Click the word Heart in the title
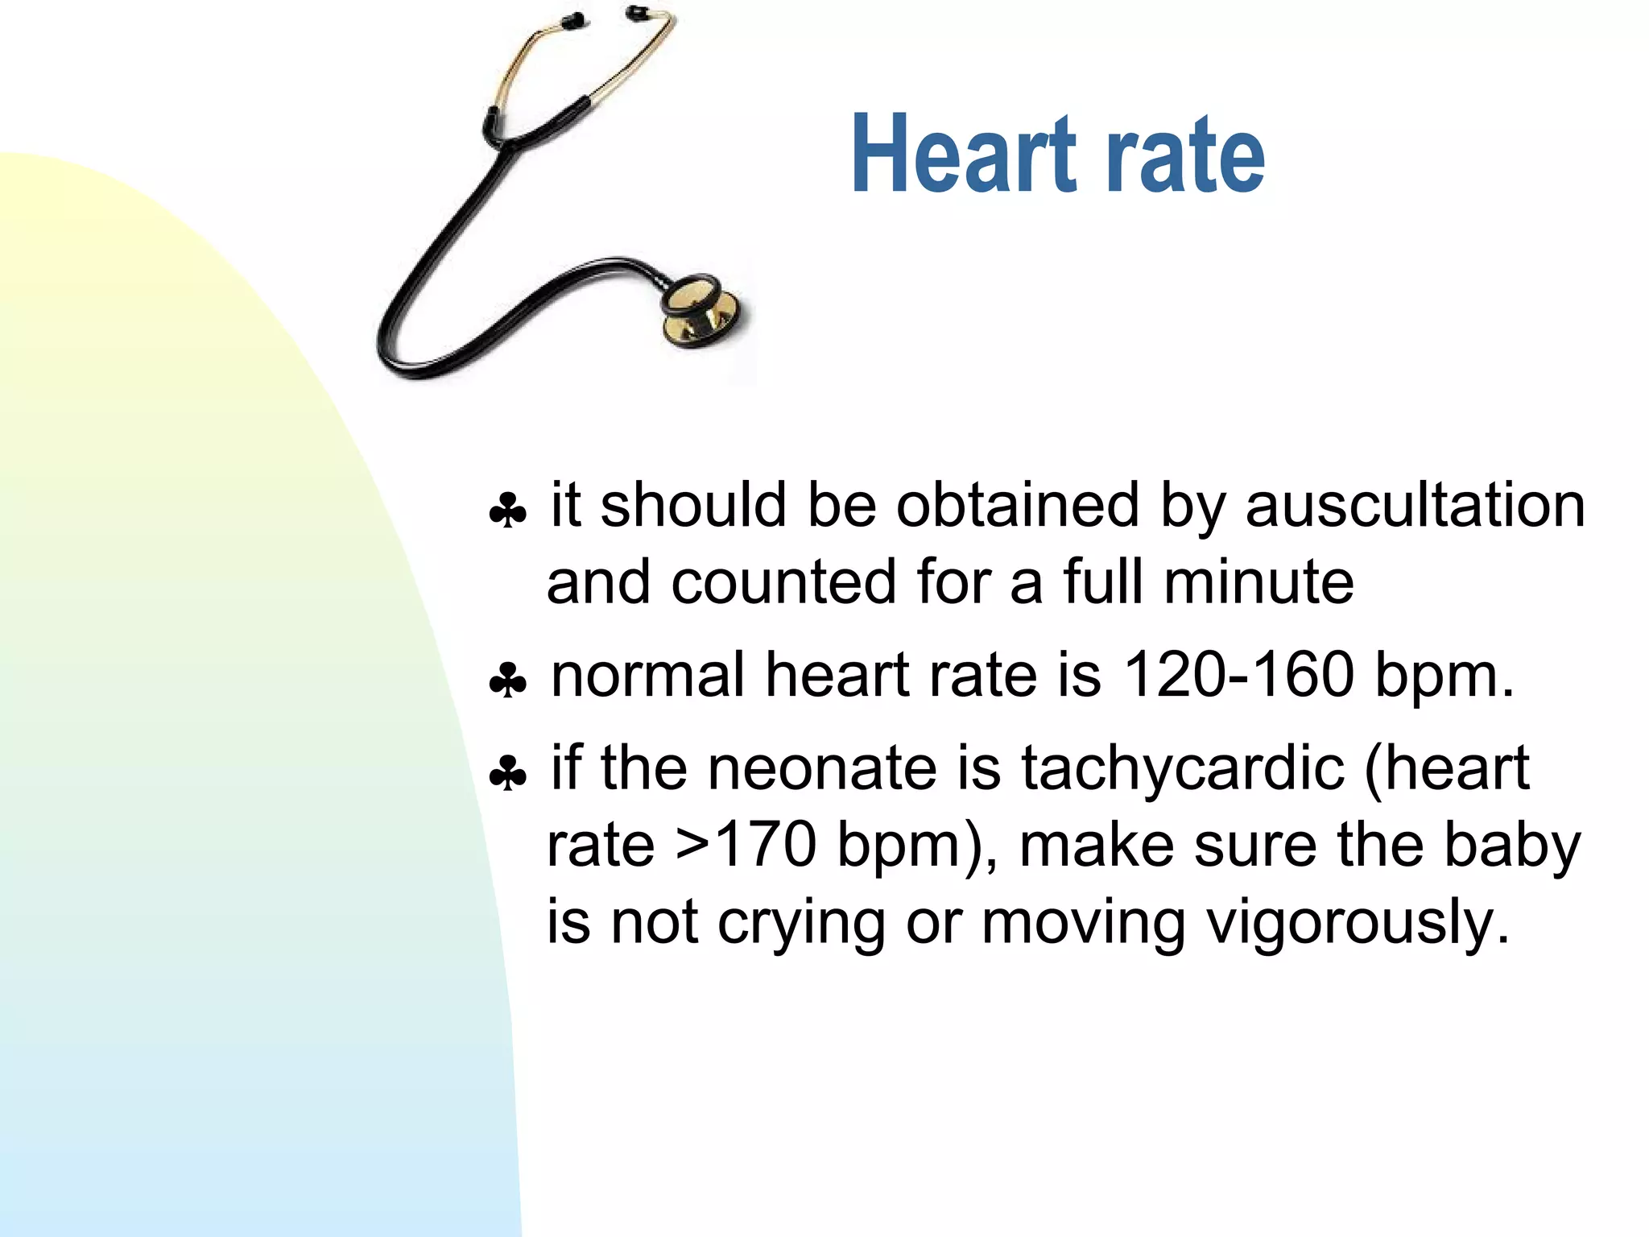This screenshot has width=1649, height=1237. pos(964,155)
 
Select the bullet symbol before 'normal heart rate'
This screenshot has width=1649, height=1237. pos(508,681)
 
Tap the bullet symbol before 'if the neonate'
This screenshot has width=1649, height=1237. pos(508,773)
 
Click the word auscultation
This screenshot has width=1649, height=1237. pos(1415,506)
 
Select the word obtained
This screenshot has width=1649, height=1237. pos(1017,506)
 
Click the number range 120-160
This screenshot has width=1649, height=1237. pos(1238,674)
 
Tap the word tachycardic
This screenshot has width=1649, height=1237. pos(1183,767)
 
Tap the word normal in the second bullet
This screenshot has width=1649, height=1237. pos(647,674)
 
